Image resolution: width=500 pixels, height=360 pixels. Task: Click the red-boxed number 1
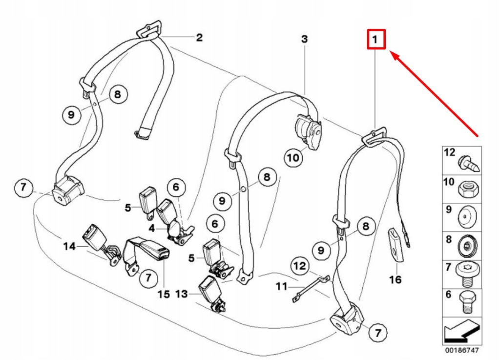(376, 40)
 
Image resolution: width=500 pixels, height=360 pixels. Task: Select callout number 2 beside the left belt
(199, 37)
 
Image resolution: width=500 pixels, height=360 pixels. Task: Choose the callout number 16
(395, 279)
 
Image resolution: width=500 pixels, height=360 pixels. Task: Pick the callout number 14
(69, 247)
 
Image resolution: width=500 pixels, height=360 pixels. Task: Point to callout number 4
(152, 228)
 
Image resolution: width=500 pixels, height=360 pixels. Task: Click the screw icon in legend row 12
(469, 162)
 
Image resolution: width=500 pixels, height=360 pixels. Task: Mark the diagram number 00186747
(462, 351)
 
